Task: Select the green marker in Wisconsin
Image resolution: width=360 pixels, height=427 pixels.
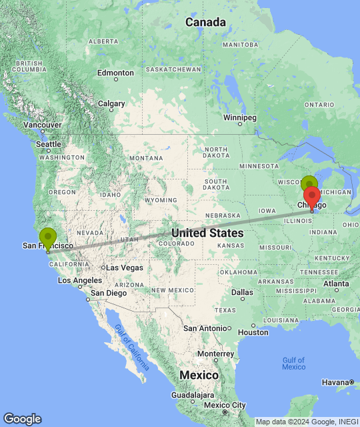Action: (308, 184)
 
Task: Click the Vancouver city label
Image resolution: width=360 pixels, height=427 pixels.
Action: (43, 125)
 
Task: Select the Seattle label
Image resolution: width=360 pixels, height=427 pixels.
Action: (49, 144)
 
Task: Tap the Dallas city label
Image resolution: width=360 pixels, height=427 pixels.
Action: (242, 292)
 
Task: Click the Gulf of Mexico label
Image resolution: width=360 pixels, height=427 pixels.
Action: (293, 364)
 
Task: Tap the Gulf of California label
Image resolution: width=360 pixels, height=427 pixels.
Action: (131, 344)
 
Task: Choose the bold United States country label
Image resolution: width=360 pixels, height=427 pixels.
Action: (207, 233)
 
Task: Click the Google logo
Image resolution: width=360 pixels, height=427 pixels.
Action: (22, 418)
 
